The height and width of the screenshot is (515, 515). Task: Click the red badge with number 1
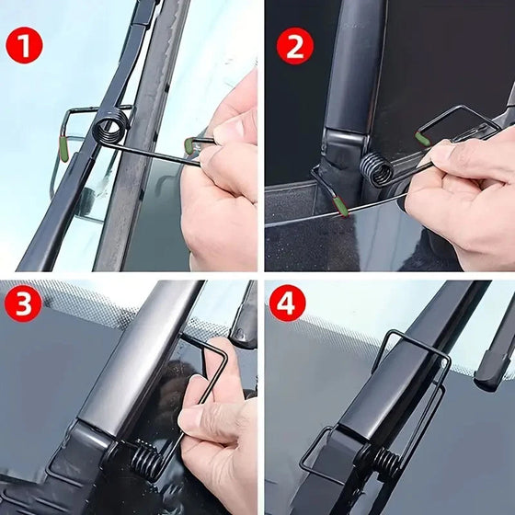click(x=24, y=43)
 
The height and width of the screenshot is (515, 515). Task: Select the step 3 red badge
click(x=24, y=304)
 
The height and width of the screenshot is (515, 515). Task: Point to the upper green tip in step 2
click(x=421, y=139)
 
